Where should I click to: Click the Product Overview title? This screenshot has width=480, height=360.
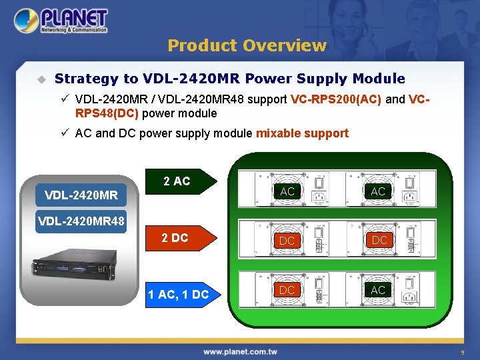[247, 45]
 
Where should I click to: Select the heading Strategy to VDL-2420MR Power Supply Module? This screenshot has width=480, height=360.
[229, 79]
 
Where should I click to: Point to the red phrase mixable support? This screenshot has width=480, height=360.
[302, 133]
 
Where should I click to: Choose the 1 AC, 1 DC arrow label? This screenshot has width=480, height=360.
[181, 294]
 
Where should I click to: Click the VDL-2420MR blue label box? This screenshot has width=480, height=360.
[81, 195]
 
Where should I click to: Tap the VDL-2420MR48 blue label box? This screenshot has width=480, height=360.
[81, 221]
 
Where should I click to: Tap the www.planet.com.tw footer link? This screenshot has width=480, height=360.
[240, 351]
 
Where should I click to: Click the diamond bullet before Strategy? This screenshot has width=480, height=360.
[41, 79]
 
